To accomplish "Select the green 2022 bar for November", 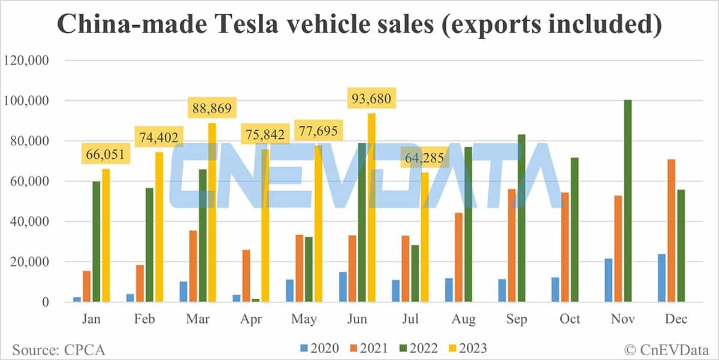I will coord(627,201).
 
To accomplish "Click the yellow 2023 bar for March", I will coord(212,213).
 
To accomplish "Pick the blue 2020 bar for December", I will coord(661,278).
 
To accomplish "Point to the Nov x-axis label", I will coord(623,319).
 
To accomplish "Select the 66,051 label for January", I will coord(104,155).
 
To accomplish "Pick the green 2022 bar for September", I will coord(521,218).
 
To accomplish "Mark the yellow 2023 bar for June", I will coord(371,207).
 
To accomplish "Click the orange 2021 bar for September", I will coord(511,246).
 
